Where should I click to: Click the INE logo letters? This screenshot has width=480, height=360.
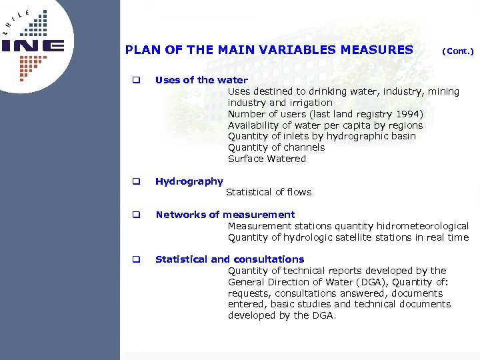coord(33,46)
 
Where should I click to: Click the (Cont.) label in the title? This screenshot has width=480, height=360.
coord(457,51)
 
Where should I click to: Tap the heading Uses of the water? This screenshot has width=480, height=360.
coord(201,80)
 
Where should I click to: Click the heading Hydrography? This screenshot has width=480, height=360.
coord(189,181)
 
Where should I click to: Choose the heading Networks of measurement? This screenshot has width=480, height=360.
coord(225,215)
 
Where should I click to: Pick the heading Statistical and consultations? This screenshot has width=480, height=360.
coord(229,259)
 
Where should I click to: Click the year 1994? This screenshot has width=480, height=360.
coord(408,114)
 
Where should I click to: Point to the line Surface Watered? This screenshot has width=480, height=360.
coord(267,159)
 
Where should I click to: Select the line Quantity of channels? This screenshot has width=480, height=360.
coord(276,147)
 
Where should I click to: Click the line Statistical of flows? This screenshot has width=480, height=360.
coord(269,192)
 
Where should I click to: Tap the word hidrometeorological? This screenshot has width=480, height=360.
coord(423,226)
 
